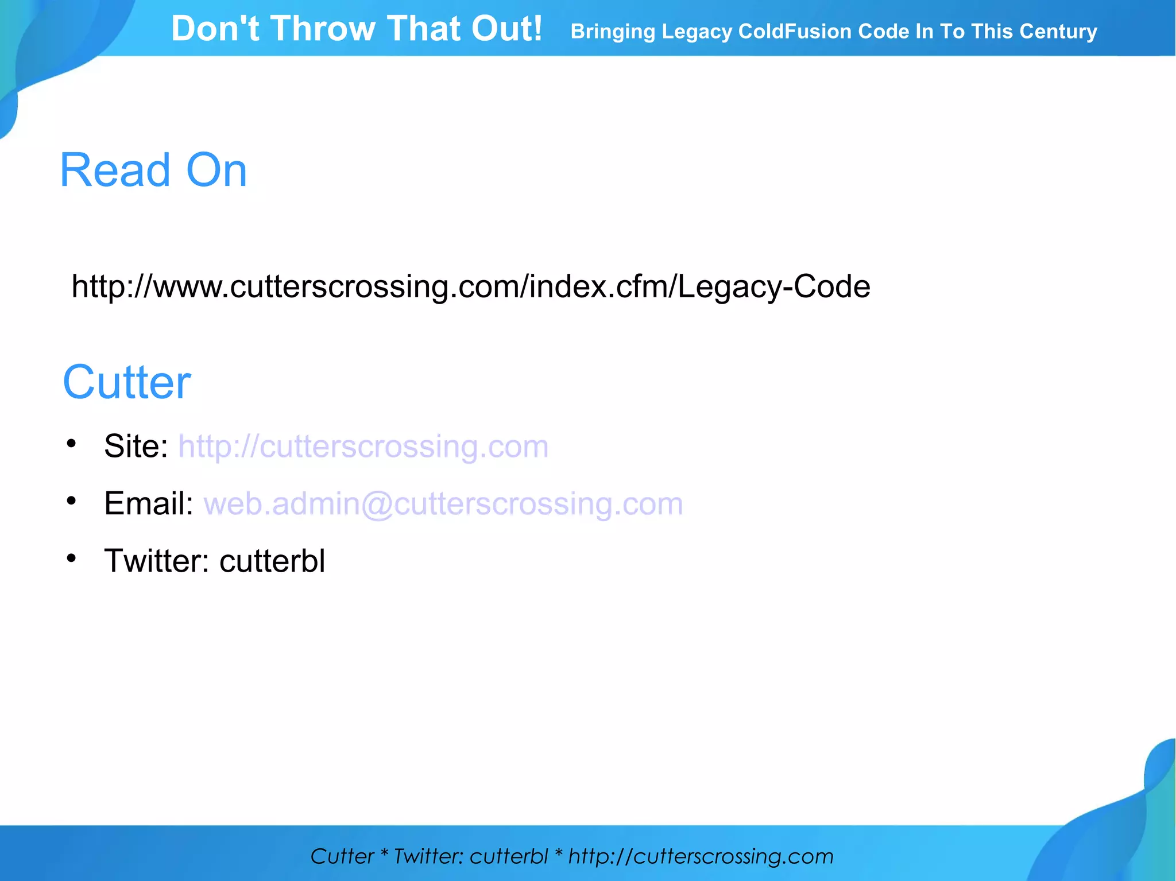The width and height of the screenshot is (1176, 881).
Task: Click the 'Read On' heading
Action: click(x=153, y=170)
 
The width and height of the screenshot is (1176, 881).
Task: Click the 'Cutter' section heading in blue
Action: click(x=127, y=383)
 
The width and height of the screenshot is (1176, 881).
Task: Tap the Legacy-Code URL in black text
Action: click(x=471, y=286)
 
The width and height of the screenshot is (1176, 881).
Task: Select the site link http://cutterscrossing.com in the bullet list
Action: click(x=363, y=447)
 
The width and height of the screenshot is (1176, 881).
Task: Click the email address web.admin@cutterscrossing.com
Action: click(x=443, y=504)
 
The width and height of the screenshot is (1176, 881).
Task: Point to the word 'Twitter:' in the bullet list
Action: click(x=157, y=561)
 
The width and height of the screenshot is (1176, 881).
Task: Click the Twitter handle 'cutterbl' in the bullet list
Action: click(x=272, y=561)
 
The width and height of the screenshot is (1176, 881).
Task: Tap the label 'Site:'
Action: click(x=136, y=447)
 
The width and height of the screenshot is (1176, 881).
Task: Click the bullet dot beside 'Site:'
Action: click(x=71, y=444)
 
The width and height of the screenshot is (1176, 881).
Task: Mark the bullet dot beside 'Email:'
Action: click(x=71, y=501)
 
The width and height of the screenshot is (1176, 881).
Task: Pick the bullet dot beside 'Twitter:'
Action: click(x=71, y=558)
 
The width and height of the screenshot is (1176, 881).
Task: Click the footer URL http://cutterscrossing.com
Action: click(x=701, y=856)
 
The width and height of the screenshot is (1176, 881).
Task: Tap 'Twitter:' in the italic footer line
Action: click(x=428, y=856)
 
